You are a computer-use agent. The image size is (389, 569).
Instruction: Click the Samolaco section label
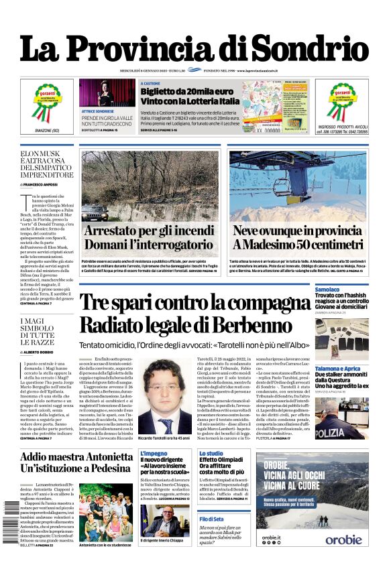(x=328, y=289)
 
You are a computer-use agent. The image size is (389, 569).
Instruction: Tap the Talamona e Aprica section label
(x=338, y=369)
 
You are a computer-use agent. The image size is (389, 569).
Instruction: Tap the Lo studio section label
(x=211, y=454)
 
